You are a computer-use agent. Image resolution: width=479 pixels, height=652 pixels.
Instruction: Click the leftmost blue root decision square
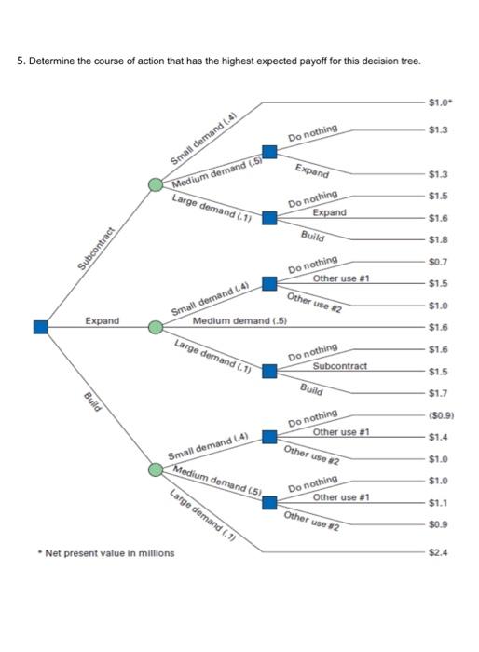pyautogui.click(x=40, y=326)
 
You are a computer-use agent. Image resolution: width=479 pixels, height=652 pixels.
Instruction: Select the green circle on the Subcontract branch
pyautogui.click(x=157, y=184)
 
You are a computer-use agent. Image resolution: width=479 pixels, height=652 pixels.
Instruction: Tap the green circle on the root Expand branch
pyautogui.click(x=157, y=326)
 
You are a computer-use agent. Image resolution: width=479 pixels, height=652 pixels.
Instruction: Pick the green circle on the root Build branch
pyautogui.click(x=157, y=469)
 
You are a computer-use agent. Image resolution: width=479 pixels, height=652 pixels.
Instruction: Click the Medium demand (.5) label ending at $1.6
pyautogui.click(x=239, y=320)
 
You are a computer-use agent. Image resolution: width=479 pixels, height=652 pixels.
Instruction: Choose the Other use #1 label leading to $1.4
pyautogui.click(x=341, y=431)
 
